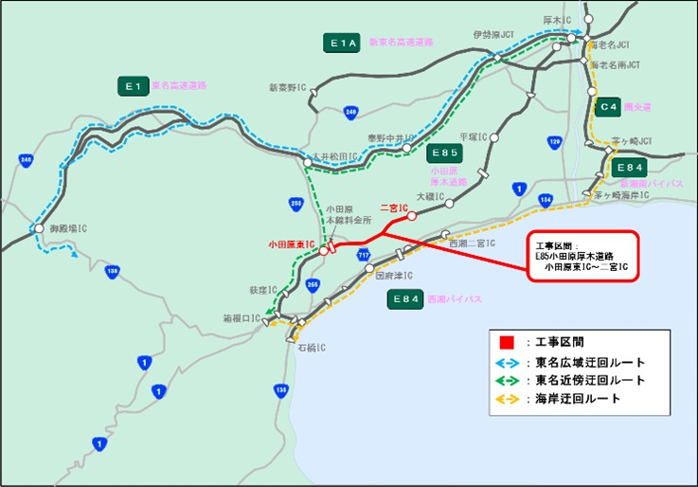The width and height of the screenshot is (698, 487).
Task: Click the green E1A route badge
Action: click(342, 43)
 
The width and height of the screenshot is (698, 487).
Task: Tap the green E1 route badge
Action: click(134, 86)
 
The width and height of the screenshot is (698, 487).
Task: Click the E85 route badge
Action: click(444, 153)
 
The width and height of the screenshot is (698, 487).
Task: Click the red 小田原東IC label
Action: click(291, 245)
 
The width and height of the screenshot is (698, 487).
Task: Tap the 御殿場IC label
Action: click(69, 228)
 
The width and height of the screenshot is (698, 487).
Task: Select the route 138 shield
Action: click(113, 272)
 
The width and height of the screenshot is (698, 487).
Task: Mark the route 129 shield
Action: click(555, 142)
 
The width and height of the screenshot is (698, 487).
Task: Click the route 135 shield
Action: click(281, 388)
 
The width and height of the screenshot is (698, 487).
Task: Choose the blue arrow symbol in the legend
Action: click(507, 362)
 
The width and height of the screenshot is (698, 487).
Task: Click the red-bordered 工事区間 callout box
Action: click(584, 256)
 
